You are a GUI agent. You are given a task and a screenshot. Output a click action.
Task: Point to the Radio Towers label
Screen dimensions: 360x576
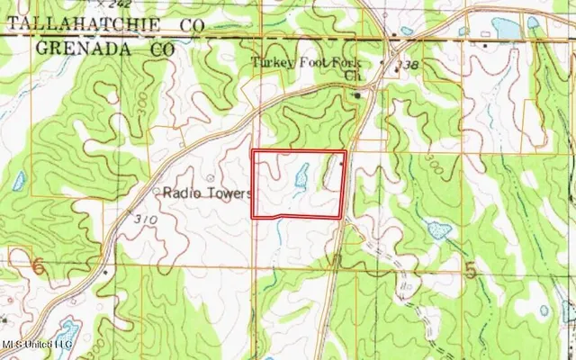[206, 193]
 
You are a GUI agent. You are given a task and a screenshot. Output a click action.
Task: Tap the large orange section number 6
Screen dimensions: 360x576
[37, 266]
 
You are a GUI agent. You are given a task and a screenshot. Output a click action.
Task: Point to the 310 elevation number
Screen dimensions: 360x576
[144, 220]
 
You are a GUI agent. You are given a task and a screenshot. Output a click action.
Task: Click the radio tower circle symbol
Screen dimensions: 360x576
[213, 177]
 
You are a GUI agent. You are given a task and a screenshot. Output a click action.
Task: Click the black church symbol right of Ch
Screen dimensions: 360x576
[356, 93]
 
